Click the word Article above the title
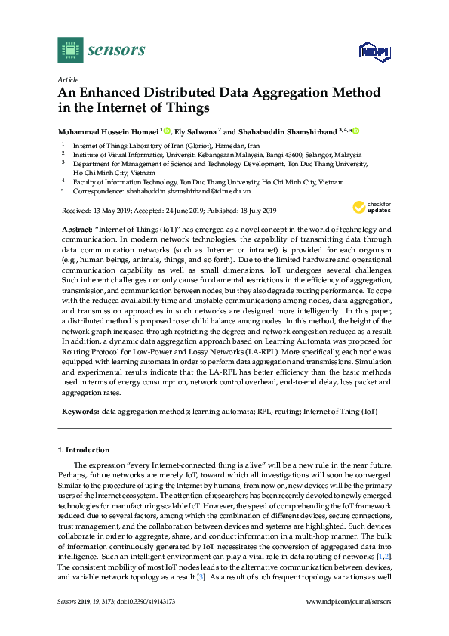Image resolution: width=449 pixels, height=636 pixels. [66, 79]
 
